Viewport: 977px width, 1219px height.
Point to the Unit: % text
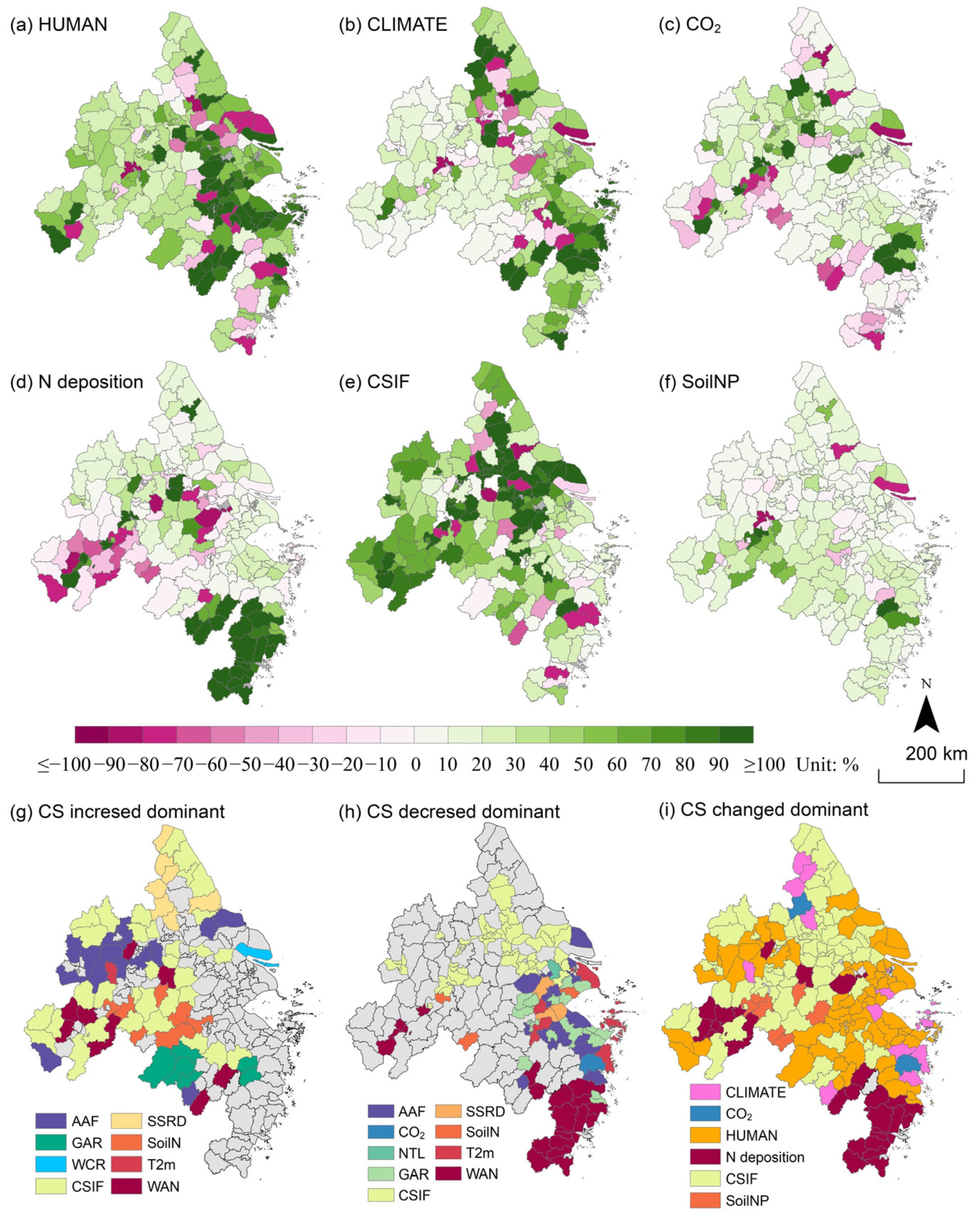827,764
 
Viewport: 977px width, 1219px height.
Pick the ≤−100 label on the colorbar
64,764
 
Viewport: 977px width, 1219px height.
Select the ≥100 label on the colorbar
764,764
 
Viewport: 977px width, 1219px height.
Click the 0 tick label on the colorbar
415,764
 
